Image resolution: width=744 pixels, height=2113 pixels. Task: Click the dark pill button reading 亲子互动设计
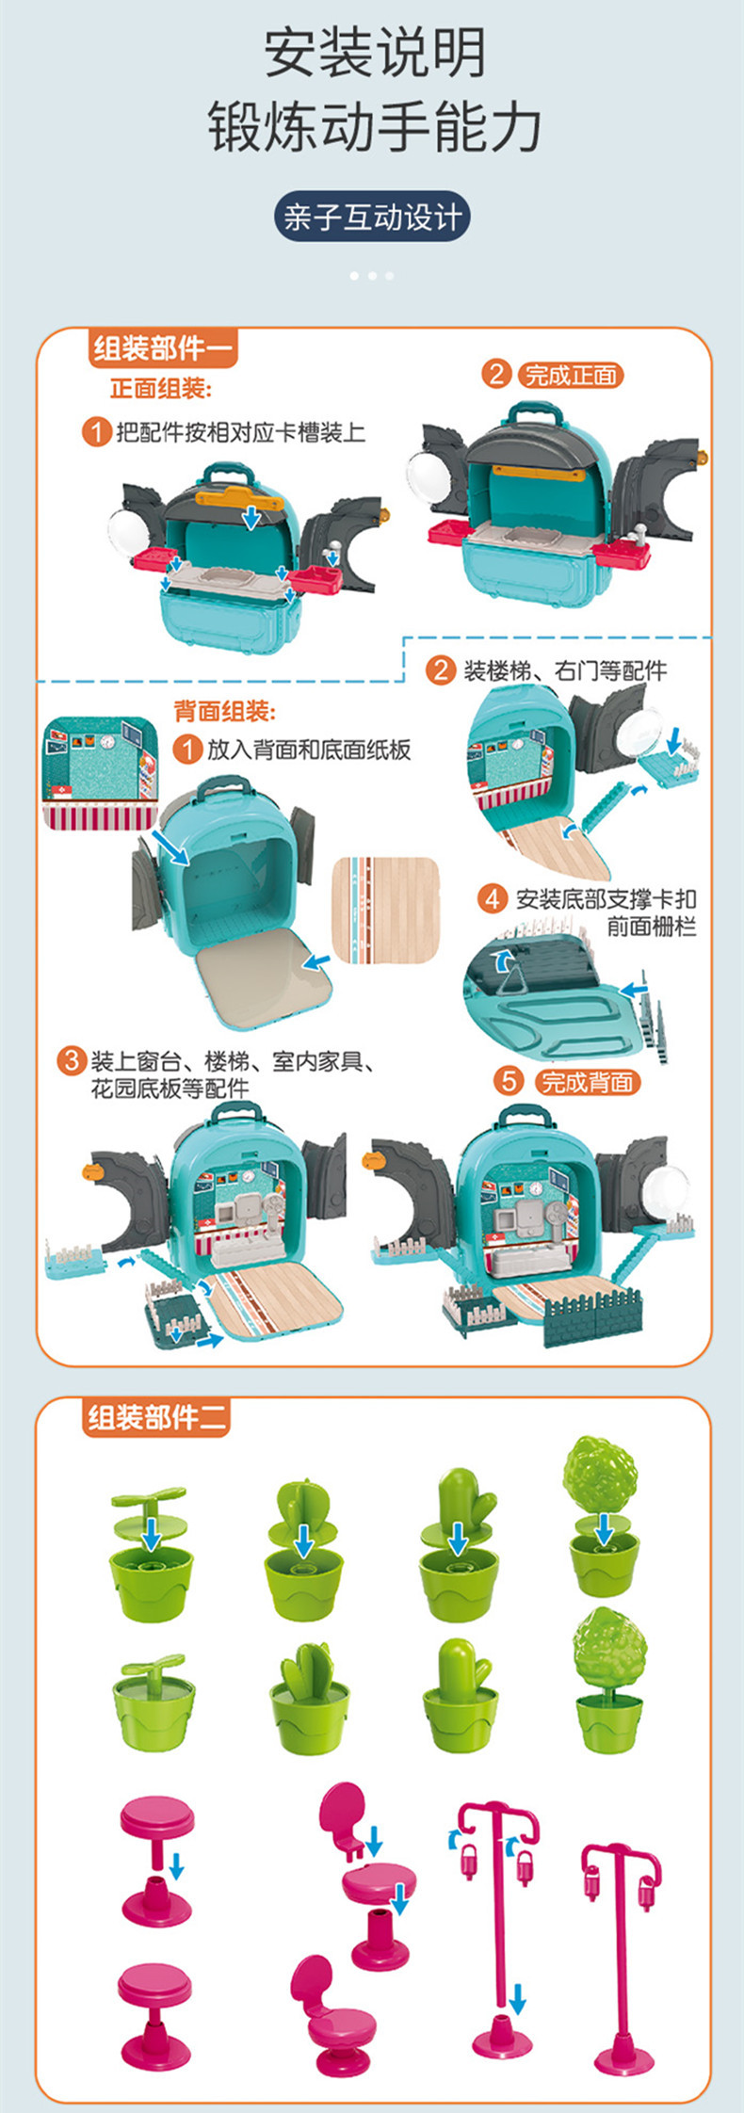[x=372, y=218]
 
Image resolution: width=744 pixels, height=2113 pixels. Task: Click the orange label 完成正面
[x=571, y=376]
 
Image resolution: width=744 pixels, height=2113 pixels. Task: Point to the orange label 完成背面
[x=588, y=1083]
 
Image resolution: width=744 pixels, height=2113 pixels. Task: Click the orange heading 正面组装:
[x=161, y=389]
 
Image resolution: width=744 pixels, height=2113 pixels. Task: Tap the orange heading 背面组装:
[x=225, y=711]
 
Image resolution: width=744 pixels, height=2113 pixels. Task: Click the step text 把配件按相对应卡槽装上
[x=240, y=432]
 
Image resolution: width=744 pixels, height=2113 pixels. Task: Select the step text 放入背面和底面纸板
[x=309, y=750]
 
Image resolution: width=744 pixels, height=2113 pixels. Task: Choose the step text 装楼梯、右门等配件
[x=565, y=670]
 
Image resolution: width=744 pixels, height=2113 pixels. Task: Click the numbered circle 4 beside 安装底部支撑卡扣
[x=492, y=899]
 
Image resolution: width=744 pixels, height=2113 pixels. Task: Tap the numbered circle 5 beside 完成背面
[x=509, y=1081]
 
